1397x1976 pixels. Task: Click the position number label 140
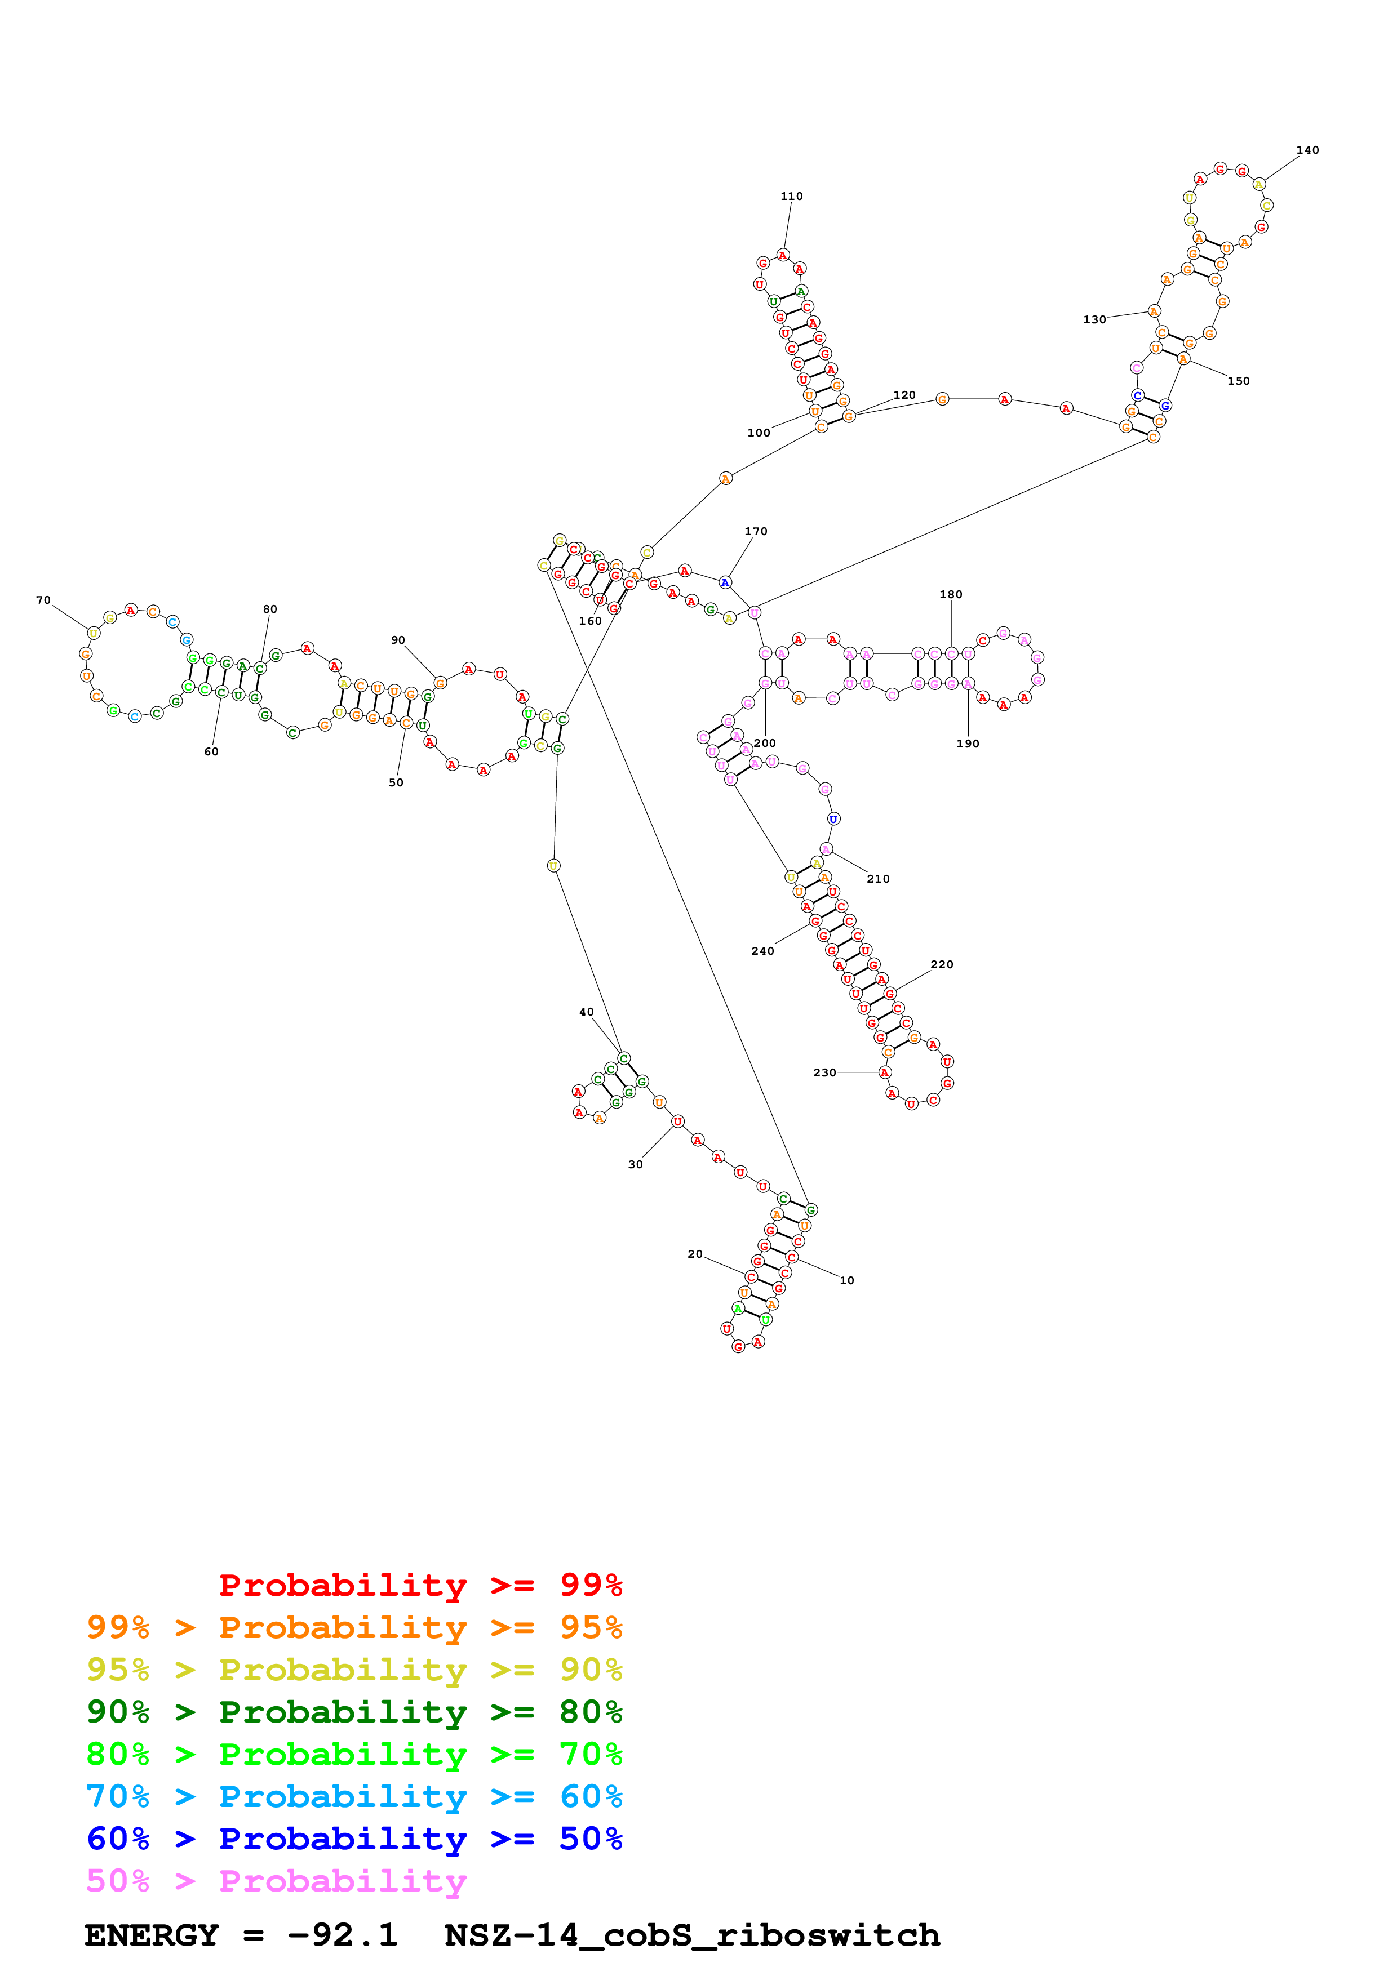1307,150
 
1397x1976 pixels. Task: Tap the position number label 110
791,196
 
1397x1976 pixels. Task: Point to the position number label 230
824,1072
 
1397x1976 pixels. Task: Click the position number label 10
847,1280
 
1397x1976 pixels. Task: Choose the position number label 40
586,1012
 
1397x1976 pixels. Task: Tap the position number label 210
878,879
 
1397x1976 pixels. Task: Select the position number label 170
756,532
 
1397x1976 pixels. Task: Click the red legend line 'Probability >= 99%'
420,1585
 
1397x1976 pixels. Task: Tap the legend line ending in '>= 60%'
354,1796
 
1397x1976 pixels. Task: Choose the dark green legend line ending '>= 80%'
354,1712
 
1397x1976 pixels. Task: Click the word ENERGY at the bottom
152,1935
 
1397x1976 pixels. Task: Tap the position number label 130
1094,319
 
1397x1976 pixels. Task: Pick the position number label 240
762,951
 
